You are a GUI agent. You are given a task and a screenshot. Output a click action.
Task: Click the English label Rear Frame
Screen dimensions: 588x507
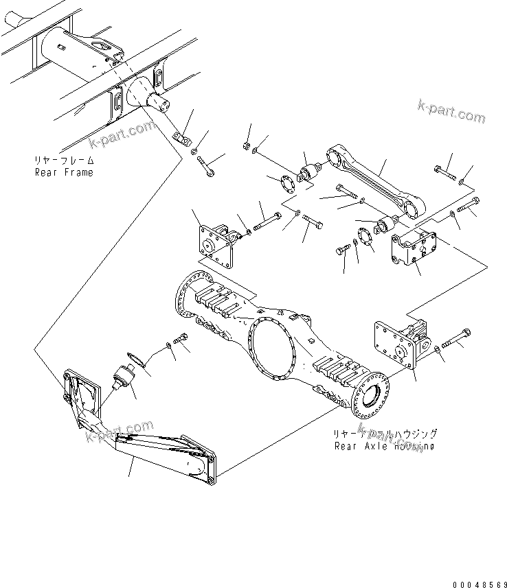[x=64, y=172]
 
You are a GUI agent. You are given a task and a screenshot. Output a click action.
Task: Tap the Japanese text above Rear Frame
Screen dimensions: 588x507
[x=64, y=161]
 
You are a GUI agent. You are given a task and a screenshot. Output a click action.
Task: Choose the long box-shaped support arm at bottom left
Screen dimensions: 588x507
[x=164, y=454]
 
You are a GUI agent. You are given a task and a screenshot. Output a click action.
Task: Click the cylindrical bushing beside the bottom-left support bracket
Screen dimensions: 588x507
[x=124, y=379]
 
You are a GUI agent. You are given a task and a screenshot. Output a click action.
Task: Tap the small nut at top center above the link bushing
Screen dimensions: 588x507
[x=246, y=145]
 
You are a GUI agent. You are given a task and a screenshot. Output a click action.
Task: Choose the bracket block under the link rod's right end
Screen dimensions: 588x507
[x=413, y=250]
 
